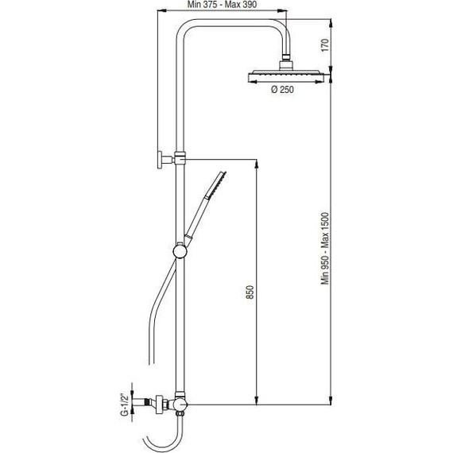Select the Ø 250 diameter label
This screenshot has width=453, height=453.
(x=284, y=91)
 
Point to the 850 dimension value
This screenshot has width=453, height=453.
(x=250, y=292)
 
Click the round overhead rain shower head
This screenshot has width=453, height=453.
(x=284, y=75)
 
